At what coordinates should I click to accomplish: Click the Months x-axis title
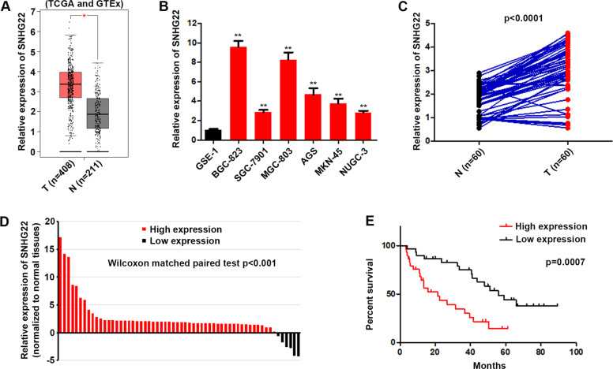[x=487, y=363]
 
